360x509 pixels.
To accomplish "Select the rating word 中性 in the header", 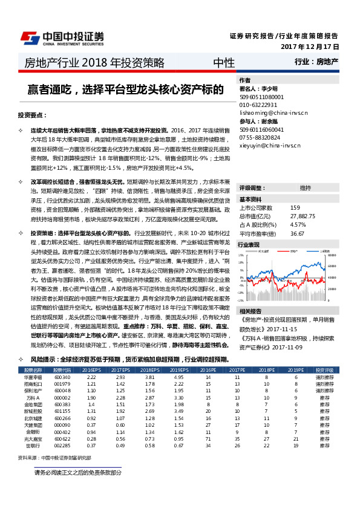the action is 224,62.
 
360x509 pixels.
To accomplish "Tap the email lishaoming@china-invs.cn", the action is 273,112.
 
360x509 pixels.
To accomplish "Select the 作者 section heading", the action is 245,80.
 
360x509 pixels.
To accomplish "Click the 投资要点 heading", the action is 32,115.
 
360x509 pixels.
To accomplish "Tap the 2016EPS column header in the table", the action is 92,369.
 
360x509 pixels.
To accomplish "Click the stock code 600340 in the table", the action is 62,377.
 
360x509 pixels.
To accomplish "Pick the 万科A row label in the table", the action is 33,397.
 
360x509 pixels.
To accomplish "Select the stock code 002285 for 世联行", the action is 62,446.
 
